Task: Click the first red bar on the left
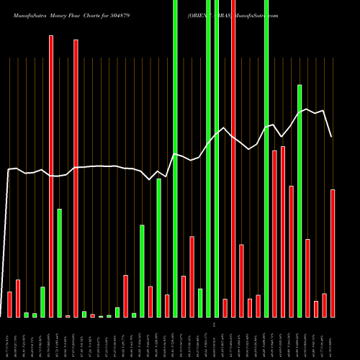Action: [9, 305]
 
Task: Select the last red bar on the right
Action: [333, 253]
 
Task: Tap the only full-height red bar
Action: [233, 158]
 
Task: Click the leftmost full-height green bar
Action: [175, 158]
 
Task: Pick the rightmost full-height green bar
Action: [266, 158]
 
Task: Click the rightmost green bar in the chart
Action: [300, 201]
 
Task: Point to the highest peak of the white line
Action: [308, 109]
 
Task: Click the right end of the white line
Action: [332, 137]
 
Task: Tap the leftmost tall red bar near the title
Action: [51, 176]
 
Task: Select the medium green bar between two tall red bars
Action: [60, 263]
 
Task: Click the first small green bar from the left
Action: [27, 315]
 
